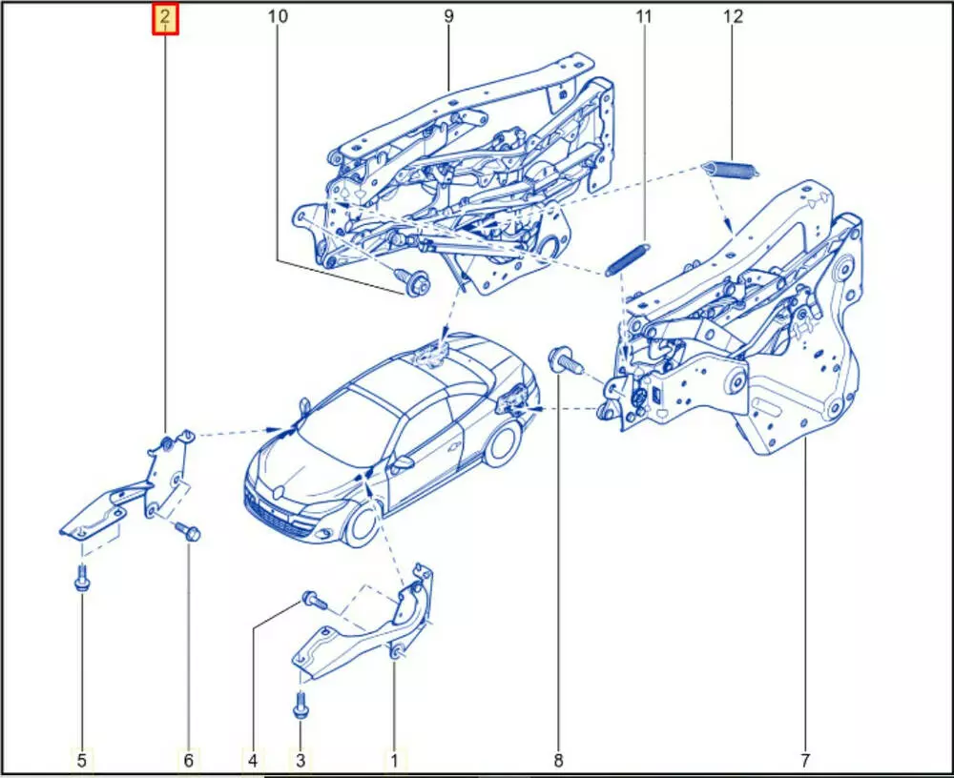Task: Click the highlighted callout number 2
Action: pos(164,19)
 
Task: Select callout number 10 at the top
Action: pos(278,16)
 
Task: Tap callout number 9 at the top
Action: pos(448,16)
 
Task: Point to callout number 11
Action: pos(644,16)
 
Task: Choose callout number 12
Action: pos(733,16)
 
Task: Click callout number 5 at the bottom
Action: pos(81,760)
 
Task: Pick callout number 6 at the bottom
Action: pos(188,760)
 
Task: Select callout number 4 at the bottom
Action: pos(253,760)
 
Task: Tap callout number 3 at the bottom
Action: pos(300,760)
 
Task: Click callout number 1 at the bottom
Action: pos(394,760)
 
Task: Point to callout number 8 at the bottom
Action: pos(558,760)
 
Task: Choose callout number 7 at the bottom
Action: pos(805,760)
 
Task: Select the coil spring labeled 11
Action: pos(628,259)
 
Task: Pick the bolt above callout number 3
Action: pos(300,706)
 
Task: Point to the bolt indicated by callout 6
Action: pos(188,531)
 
